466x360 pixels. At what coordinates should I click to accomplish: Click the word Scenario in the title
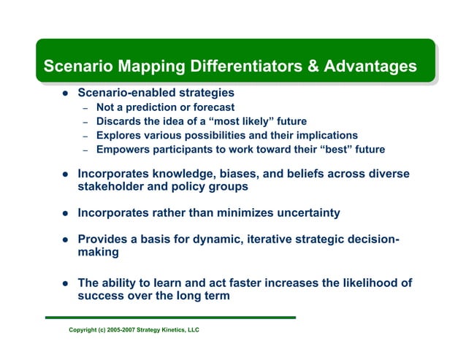coord(75,66)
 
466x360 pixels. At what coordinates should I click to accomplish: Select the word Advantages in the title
coord(372,66)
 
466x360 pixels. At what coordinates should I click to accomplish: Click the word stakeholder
coord(112,187)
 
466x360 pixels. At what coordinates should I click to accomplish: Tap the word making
coord(98,253)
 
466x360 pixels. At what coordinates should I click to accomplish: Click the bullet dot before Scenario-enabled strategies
coord(64,93)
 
